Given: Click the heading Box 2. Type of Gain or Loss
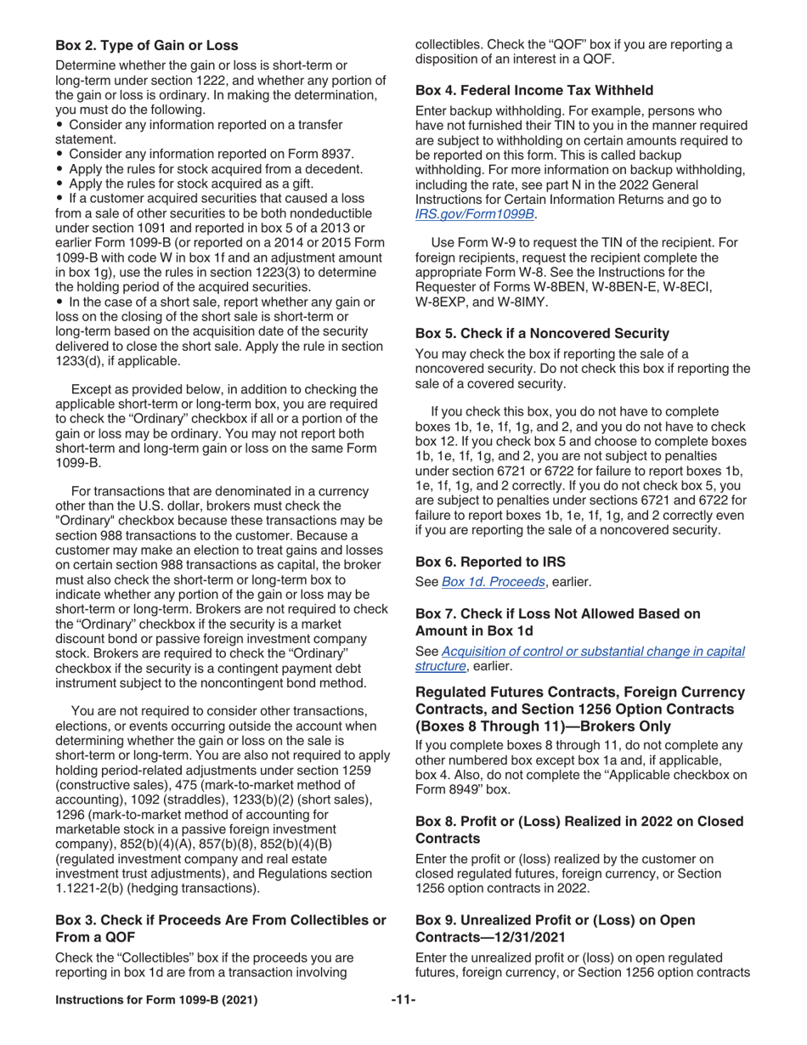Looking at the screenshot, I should point(146,45).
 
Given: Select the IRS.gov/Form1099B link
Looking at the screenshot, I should point(474,214).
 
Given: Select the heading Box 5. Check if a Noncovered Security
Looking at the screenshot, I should point(542,333).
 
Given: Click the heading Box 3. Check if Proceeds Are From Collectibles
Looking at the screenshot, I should point(220,920).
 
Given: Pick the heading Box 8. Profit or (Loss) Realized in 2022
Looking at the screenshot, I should point(578,822).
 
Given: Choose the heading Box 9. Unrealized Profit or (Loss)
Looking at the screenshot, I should point(555,920).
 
